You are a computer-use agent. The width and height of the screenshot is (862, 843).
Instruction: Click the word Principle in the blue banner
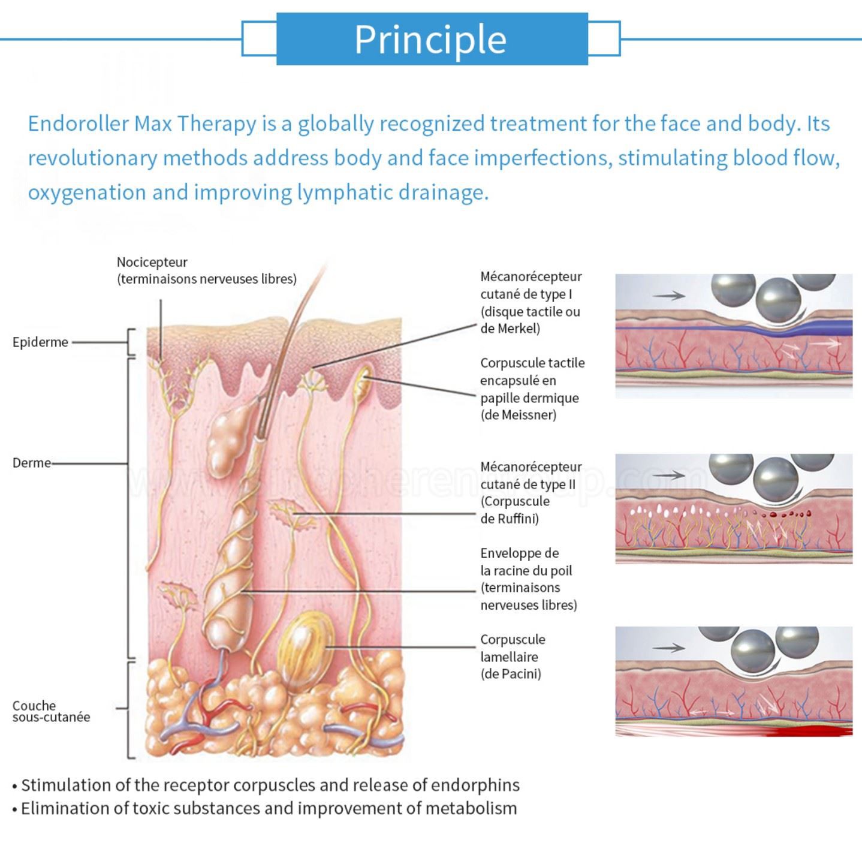click(x=430, y=40)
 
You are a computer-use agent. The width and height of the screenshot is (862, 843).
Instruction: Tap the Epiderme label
click(x=40, y=342)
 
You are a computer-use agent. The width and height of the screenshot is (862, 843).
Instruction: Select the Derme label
click(x=32, y=463)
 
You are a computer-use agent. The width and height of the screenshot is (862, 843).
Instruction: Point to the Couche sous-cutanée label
click(x=51, y=711)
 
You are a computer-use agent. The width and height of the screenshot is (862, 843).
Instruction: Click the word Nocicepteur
click(x=152, y=262)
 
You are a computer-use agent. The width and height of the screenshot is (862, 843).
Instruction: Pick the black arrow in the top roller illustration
click(x=668, y=296)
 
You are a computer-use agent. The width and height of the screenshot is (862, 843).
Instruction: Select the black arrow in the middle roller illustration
click(x=668, y=475)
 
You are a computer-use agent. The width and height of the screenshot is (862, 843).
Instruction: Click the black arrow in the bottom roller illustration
click(x=668, y=648)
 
